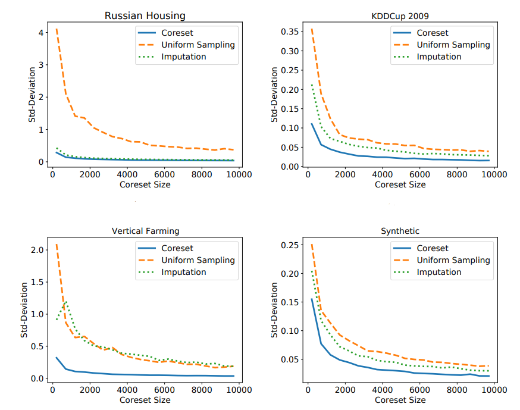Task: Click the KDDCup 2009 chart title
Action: pos(400,17)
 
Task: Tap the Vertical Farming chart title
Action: pos(145,231)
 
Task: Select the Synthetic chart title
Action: pos(400,231)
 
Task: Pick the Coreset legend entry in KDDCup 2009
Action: pos(433,33)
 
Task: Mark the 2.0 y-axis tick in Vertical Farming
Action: pos(37,249)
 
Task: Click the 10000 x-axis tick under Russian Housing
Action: pos(240,174)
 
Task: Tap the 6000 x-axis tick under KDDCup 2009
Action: pos(419,174)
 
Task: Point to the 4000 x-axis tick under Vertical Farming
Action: pos(127,390)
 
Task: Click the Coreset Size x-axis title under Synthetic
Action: pos(400,400)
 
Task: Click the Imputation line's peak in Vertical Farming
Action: pos(66,302)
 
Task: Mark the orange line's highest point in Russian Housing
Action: pos(57,29)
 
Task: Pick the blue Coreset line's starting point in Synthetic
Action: pos(311,299)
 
